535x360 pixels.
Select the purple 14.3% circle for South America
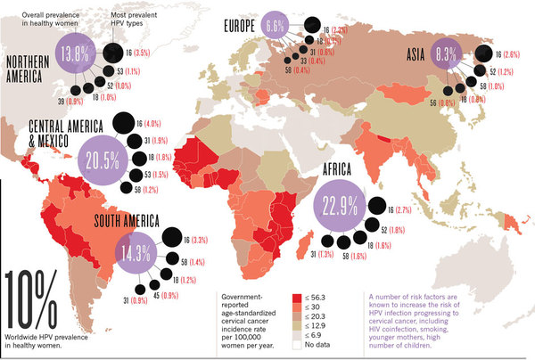(128, 252)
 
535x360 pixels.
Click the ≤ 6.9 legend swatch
(298, 333)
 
